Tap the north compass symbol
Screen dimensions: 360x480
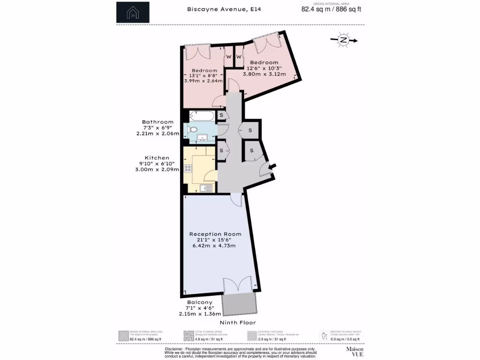coord(344,40)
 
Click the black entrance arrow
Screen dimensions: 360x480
coord(272,166)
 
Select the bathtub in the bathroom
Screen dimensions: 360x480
coord(202,116)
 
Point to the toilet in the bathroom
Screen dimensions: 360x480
coord(193,129)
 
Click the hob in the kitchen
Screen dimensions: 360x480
coord(188,169)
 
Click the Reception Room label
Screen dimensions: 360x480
coord(215,234)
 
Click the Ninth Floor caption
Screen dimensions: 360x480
coord(238,323)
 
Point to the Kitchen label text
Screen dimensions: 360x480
coord(157,158)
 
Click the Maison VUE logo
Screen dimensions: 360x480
coord(354,352)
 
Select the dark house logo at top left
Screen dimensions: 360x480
coord(133,13)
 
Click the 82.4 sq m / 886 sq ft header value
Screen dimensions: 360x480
coord(331,9)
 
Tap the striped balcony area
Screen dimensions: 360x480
coord(239,304)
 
